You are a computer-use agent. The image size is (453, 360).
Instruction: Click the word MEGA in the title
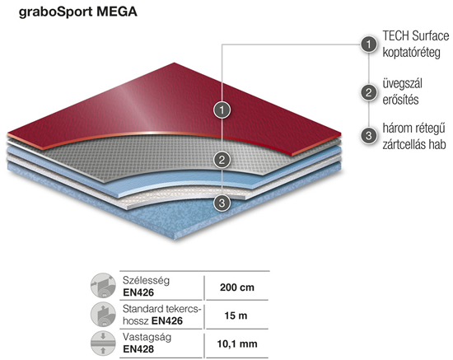[117, 12]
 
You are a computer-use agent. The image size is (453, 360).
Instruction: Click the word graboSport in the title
[56, 12]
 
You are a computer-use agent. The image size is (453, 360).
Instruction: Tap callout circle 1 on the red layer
[222, 110]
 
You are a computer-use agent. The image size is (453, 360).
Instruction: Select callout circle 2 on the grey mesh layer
[222, 160]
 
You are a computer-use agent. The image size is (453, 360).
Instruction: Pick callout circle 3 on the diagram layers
[222, 203]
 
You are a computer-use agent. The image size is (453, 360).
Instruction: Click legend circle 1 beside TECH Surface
[369, 44]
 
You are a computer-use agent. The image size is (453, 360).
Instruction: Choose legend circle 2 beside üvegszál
[369, 92]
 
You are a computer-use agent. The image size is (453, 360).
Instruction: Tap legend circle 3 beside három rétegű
[369, 135]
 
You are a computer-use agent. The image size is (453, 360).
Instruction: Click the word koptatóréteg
[411, 53]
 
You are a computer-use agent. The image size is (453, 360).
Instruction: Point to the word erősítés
[400, 100]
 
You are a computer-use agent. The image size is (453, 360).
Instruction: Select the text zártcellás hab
[414, 144]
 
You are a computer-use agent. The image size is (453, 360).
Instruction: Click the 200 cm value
[237, 288]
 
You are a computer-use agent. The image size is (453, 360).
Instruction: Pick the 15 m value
[236, 316]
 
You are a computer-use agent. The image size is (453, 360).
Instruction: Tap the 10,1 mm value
[237, 344]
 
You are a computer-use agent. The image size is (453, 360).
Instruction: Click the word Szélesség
[146, 280]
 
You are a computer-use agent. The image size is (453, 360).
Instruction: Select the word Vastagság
[147, 338]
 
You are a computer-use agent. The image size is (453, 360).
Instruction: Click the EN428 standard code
[138, 349]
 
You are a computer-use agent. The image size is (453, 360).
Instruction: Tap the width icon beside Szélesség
[103, 286]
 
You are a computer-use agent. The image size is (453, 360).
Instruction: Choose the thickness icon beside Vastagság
[103, 344]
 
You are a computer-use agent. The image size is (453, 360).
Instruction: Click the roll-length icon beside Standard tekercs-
[103, 315]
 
